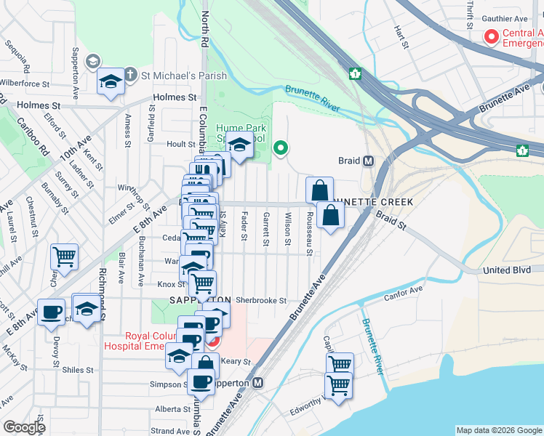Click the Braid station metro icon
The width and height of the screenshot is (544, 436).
point(369,161)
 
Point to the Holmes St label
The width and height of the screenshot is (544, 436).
point(175,97)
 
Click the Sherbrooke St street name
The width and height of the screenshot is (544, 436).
point(261,300)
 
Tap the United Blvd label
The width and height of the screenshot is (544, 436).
point(506,270)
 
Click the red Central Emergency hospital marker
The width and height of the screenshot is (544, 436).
point(492,36)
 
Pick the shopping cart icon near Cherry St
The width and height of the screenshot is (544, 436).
point(64,256)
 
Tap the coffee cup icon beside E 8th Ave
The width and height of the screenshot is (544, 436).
point(51,311)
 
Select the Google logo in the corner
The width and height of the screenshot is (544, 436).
point(24,427)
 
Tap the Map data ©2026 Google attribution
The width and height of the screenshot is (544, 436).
point(498,430)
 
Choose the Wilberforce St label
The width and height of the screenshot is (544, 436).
point(27,83)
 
